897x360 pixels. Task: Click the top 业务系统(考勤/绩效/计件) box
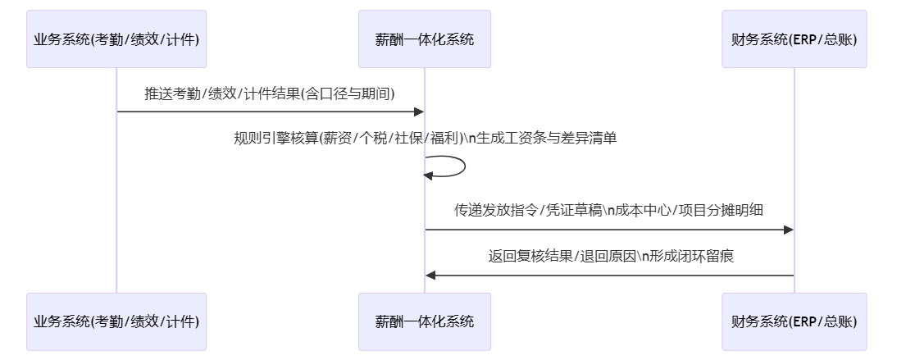pyautogui.click(x=116, y=39)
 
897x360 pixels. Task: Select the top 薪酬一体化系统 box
pyautogui.click(x=424, y=39)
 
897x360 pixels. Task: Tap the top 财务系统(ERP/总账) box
pyautogui.click(x=794, y=39)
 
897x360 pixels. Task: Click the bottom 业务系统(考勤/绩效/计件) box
pyautogui.click(x=116, y=321)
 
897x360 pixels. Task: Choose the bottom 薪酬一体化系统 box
pyautogui.click(x=424, y=321)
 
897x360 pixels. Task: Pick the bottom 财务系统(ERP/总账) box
pyautogui.click(x=794, y=321)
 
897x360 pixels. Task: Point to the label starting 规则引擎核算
pyautogui.click(x=425, y=139)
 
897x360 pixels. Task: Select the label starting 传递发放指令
pyautogui.click(x=608, y=210)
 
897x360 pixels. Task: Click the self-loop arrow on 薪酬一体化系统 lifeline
pyautogui.click(x=463, y=166)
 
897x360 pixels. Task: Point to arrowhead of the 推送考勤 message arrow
pyautogui.click(x=418, y=112)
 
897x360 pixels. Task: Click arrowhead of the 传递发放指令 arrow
pyautogui.click(x=788, y=230)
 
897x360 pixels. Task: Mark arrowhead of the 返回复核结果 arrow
pyautogui.click(x=430, y=275)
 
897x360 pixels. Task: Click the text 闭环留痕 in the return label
pyautogui.click(x=706, y=256)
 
